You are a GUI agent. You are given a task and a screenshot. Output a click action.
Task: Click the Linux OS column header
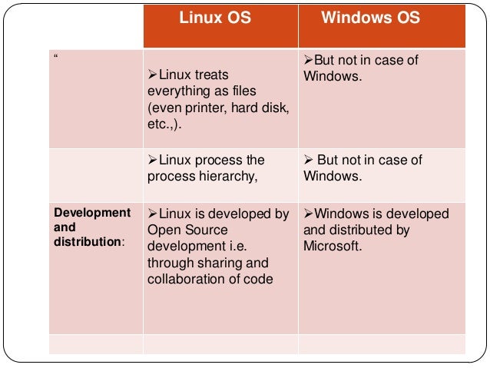coord(215,18)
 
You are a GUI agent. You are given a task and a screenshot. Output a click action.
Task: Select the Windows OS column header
coord(371,18)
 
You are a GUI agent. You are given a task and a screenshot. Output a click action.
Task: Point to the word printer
coord(201,108)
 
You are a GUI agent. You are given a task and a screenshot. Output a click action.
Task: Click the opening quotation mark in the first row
coord(55,59)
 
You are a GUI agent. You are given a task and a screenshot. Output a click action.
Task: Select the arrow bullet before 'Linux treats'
coord(151,75)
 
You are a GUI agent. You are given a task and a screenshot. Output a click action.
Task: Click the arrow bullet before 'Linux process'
coord(151,160)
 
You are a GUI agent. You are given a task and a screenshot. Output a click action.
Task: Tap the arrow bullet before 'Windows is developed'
coord(309,214)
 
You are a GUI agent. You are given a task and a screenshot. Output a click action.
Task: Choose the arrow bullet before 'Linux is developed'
coord(151,214)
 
